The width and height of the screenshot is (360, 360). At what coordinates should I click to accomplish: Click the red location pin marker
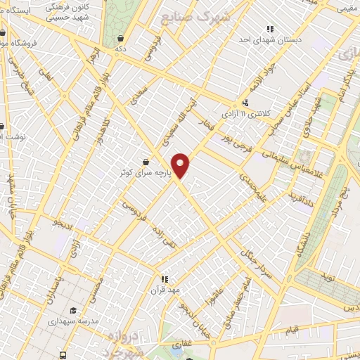[x=181, y=165]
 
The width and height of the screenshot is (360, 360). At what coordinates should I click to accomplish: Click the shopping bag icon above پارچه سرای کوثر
[x=145, y=162]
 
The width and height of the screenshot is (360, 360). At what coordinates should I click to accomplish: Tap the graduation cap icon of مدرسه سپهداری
[x=73, y=310]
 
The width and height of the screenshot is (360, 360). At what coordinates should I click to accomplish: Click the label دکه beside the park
[x=122, y=49]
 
